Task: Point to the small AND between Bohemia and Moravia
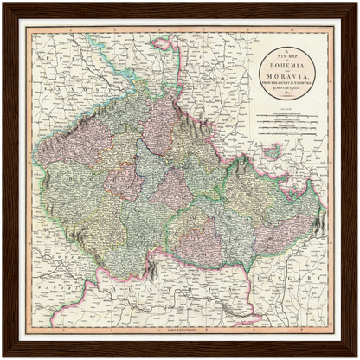(286, 65)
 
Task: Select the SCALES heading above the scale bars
(286, 109)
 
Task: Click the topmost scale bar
(286, 114)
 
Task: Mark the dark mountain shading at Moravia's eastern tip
(318, 221)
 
